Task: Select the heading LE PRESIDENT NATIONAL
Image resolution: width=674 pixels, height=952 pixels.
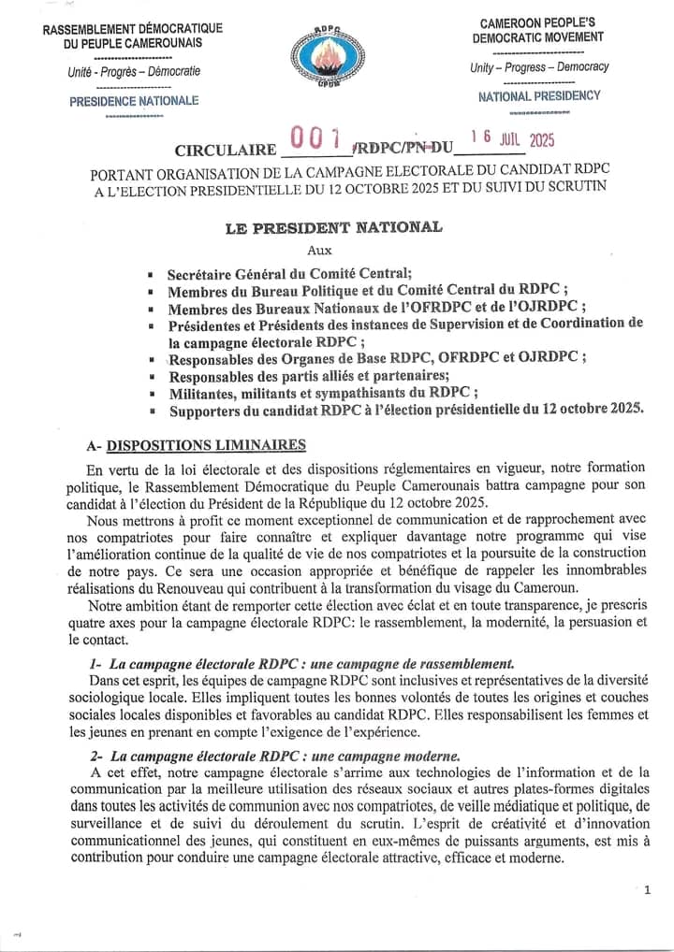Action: (333, 226)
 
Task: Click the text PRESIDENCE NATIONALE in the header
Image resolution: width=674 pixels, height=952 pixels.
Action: (134, 100)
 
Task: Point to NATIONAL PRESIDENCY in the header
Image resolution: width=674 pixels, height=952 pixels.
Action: (539, 95)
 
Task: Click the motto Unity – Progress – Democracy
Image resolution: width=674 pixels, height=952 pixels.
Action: (539, 67)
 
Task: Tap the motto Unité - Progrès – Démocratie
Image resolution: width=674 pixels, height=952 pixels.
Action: (134, 71)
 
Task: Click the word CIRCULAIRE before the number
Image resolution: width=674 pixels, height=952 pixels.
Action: (225, 151)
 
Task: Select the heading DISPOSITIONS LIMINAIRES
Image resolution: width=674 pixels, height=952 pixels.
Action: (205, 444)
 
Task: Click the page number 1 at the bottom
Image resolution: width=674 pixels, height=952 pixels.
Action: (647, 889)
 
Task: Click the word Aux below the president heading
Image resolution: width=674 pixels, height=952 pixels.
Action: (319, 250)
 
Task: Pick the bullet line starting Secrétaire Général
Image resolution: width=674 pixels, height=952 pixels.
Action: (288, 274)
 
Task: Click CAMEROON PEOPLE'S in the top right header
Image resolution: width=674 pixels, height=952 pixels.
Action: (537, 22)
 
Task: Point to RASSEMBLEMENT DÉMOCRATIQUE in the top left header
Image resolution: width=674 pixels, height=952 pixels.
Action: (133, 28)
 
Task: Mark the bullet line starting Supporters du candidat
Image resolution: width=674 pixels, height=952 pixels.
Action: (405, 410)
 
